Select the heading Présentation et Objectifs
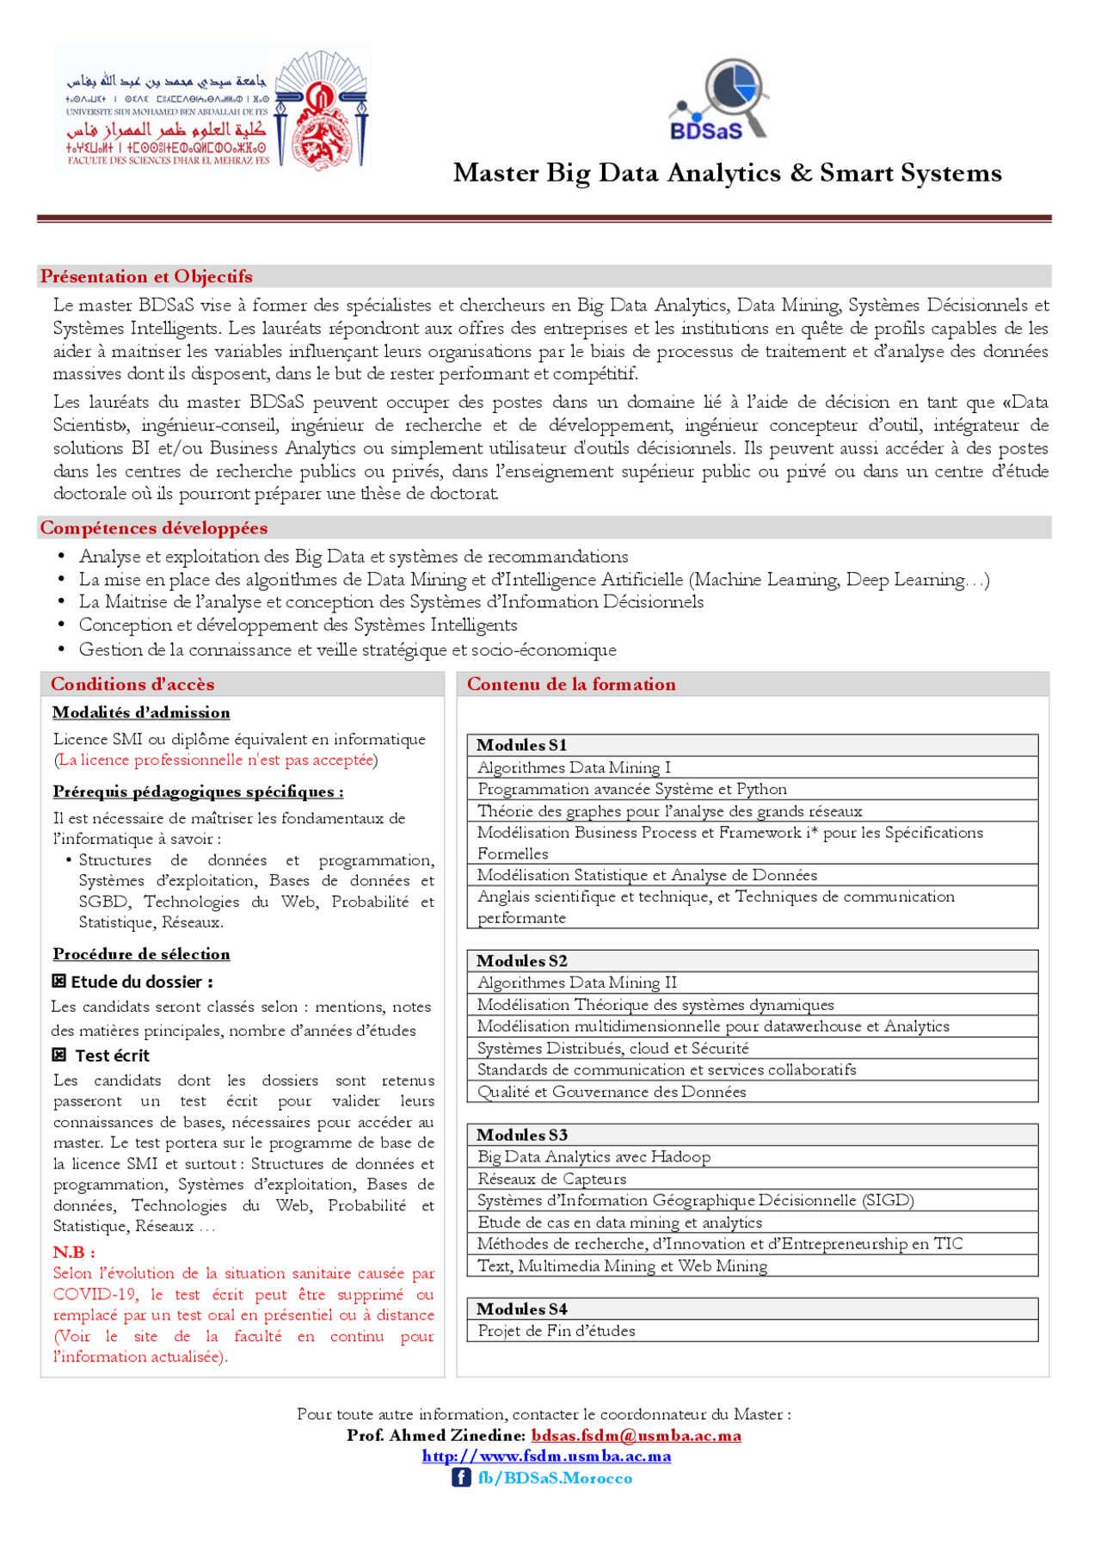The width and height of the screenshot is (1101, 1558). click(x=146, y=276)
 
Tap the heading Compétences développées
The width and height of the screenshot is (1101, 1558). click(x=154, y=527)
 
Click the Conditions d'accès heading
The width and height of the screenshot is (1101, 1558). click(x=132, y=684)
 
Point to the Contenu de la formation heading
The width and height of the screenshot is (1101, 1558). click(x=571, y=684)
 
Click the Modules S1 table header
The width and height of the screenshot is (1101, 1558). click(x=522, y=745)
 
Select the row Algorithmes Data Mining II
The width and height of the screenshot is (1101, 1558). click(x=577, y=982)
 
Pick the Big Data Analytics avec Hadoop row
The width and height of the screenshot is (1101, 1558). click(x=594, y=1157)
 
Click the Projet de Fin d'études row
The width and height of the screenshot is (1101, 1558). click(x=557, y=1331)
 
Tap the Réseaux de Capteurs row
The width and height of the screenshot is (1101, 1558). click(x=552, y=1179)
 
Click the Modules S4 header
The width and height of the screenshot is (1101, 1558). click(x=522, y=1309)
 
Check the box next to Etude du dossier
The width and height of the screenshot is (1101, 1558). click(x=58, y=981)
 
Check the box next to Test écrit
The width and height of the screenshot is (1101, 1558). click(x=58, y=1055)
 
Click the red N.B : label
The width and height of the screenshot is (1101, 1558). click(x=74, y=1252)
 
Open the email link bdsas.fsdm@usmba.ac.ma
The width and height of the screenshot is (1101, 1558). click(x=636, y=1435)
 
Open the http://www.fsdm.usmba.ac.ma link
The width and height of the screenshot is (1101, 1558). click(x=546, y=1456)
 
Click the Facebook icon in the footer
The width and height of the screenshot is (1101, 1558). click(x=461, y=1477)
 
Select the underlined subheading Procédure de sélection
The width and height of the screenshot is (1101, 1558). click(x=141, y=953)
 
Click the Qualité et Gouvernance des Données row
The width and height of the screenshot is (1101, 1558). click(x=612, y=1092)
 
